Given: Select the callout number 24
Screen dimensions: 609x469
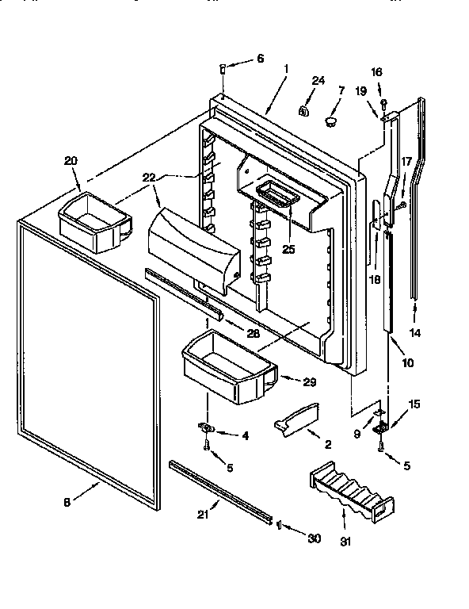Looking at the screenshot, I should pos(318,81).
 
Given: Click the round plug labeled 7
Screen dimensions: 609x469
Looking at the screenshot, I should pos(330,119).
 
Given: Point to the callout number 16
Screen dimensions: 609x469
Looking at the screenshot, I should pos(376,71).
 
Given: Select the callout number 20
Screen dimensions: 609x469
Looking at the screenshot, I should pos(71,160).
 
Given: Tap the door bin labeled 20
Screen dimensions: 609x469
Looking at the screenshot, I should pos(93,223).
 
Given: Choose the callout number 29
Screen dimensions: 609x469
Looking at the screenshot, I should pos(309,381).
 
